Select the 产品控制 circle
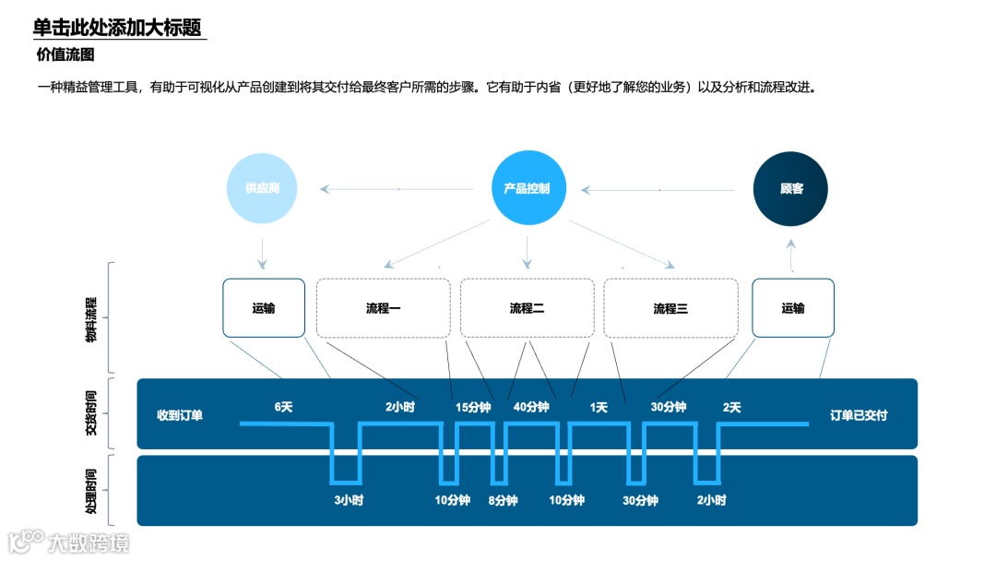coord(527,189)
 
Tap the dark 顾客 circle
coord(791,189)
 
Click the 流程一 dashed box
coord(383,308)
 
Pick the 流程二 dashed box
coord(527,308)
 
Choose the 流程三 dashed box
coord(670,308)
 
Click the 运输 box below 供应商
coord(263,308)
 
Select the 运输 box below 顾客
coord(793,308)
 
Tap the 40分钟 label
coord(531,407)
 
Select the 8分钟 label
coord(503,500)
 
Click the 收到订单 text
coord(180,415)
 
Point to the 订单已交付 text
coord(859,415)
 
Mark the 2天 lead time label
coord(731,407)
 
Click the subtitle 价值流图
coord(65,54)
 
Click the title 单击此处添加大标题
coord(117,28)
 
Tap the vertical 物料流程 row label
coord(91,319)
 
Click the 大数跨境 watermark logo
coord(69,541)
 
